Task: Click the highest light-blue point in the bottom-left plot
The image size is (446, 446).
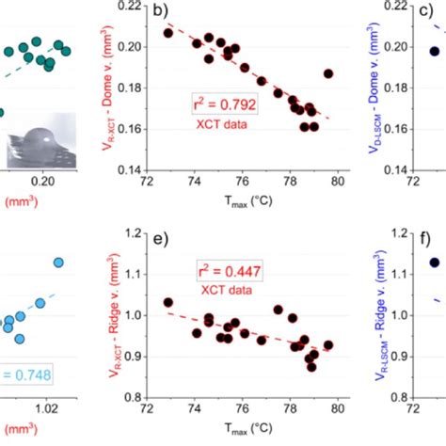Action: pyautogui.click(x=59, y=263)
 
